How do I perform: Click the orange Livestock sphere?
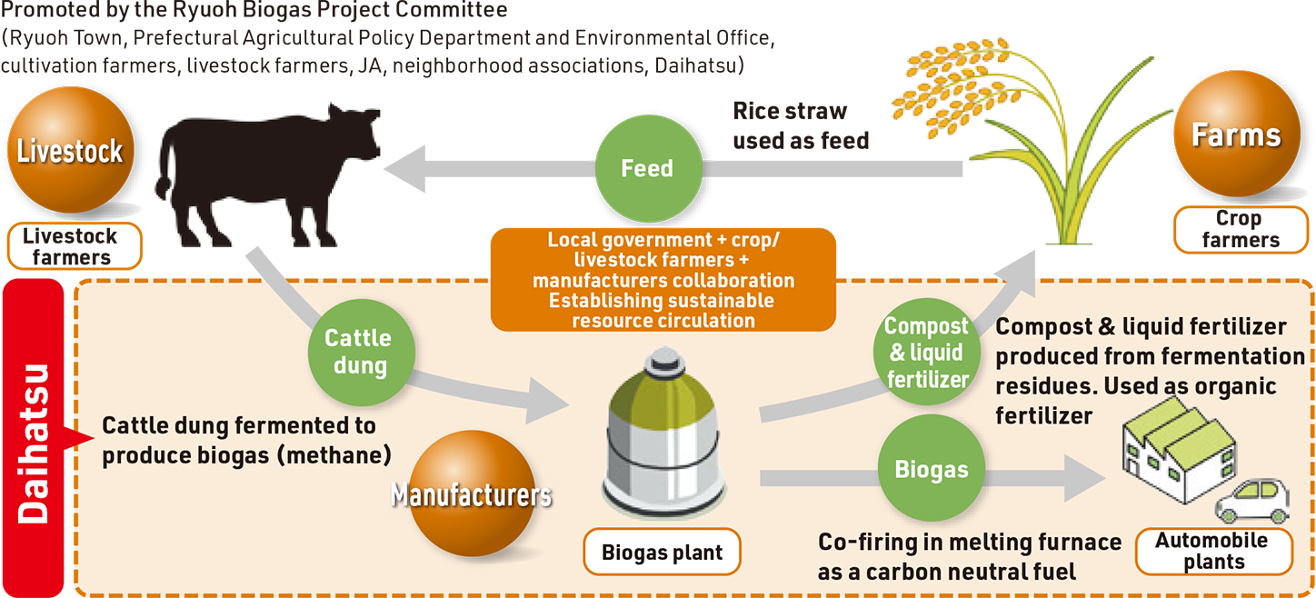[70, 153]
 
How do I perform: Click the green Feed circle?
[647, 168]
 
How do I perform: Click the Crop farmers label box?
[1240, 230]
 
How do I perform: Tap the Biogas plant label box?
[662, 552]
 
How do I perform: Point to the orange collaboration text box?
[663, 280]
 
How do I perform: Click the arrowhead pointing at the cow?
[404, 169]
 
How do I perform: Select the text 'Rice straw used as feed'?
[800, 125]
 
